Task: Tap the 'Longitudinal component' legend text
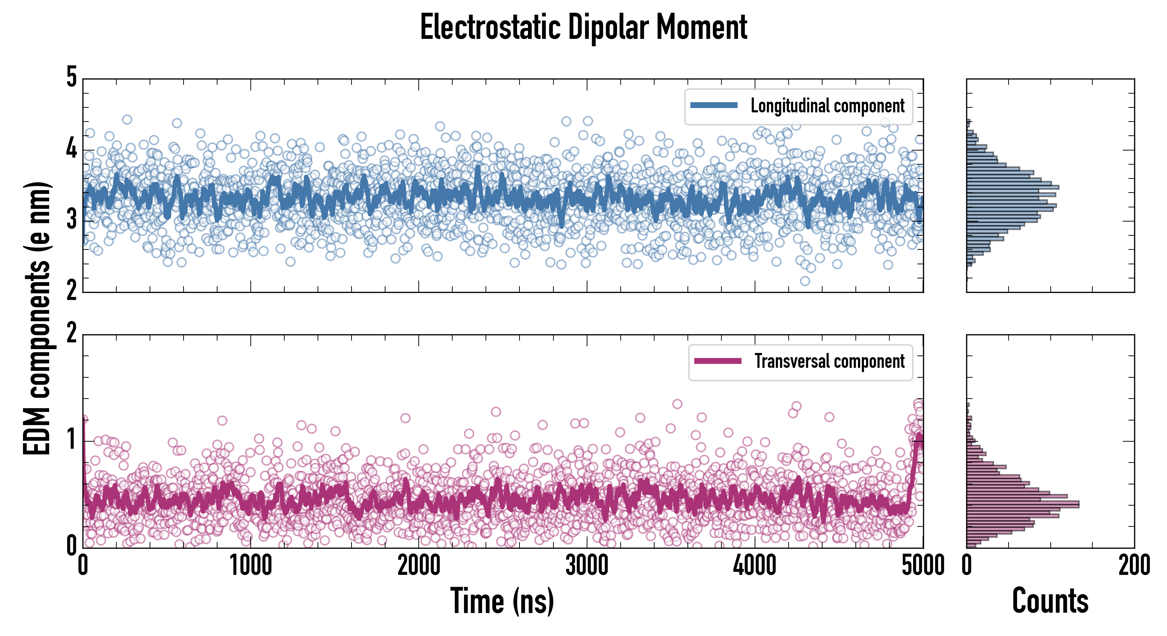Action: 827,106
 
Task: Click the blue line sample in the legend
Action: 714,106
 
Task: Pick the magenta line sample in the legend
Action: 718,361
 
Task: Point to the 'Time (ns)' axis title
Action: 502,601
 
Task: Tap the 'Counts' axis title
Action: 1050,601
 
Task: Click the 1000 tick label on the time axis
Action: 250,566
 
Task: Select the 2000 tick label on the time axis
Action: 419,566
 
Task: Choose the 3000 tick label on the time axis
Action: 587,566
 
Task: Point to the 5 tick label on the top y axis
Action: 71,78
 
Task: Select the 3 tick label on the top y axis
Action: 71,220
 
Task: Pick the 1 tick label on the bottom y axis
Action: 71,440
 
